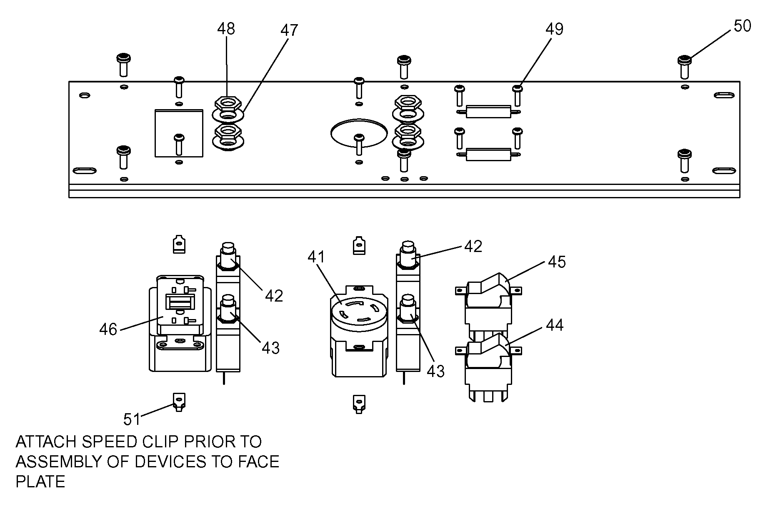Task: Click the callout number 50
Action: click(x=742, y=26)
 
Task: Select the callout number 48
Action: click(x=226, y=29)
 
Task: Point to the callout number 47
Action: click(x=289, y=30)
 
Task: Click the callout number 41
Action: click(x=316, y=257)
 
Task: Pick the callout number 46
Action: click(x=108, y=330)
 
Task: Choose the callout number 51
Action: click(x=132, y=419)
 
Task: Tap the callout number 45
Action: click(x=557, y=262)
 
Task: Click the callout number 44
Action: click(x=555, y=325)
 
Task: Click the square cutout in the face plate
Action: click(x=179, y=133)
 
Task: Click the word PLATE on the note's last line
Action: click(x=40, y=482)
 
